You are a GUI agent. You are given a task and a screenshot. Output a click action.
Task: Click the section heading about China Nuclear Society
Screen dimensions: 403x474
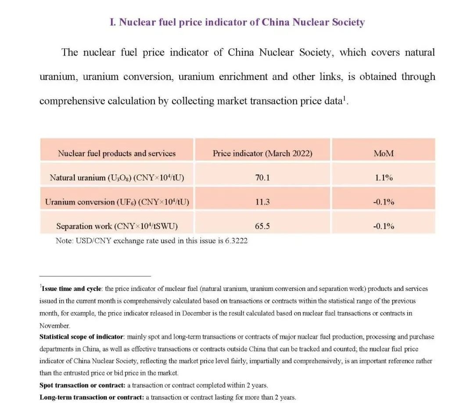tap(237, 22)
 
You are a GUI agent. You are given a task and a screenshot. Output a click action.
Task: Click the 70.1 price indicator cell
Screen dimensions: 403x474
tap(262, 178)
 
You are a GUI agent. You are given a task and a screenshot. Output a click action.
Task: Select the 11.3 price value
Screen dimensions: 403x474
tap(262, 202)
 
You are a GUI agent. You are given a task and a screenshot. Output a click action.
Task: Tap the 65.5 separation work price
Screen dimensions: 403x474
tap(262, 226)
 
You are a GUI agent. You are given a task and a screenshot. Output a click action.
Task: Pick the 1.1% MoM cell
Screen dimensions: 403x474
tap(384, 178)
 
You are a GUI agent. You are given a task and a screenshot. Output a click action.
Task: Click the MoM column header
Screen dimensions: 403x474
tap(384, 153)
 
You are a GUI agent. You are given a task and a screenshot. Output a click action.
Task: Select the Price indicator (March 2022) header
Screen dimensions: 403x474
tap(262, 153)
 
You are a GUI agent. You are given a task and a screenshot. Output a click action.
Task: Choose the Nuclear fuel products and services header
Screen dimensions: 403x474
tap(117, 153)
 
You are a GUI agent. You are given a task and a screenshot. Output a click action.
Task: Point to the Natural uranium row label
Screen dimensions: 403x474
tap(117, 178)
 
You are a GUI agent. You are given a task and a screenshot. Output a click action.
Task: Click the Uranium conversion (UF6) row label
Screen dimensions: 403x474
tap(117, 202)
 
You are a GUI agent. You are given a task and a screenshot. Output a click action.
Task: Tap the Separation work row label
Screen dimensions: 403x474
tap(117, 226)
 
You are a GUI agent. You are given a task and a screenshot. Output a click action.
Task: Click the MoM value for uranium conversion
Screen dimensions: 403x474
tap(384, 202)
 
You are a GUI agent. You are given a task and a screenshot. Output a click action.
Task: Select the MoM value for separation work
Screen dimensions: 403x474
tap(384, 226)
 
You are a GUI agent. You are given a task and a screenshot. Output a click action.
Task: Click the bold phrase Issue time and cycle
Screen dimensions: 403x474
tap(72, 289)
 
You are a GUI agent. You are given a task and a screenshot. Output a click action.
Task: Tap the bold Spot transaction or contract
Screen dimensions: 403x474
tap(82, 385)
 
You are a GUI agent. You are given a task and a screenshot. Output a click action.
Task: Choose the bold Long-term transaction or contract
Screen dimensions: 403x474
tap(91, 397)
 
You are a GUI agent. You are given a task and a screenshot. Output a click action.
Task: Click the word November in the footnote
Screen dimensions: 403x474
tap(54, 326)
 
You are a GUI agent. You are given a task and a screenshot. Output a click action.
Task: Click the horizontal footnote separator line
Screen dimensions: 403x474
tap(95, 276)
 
